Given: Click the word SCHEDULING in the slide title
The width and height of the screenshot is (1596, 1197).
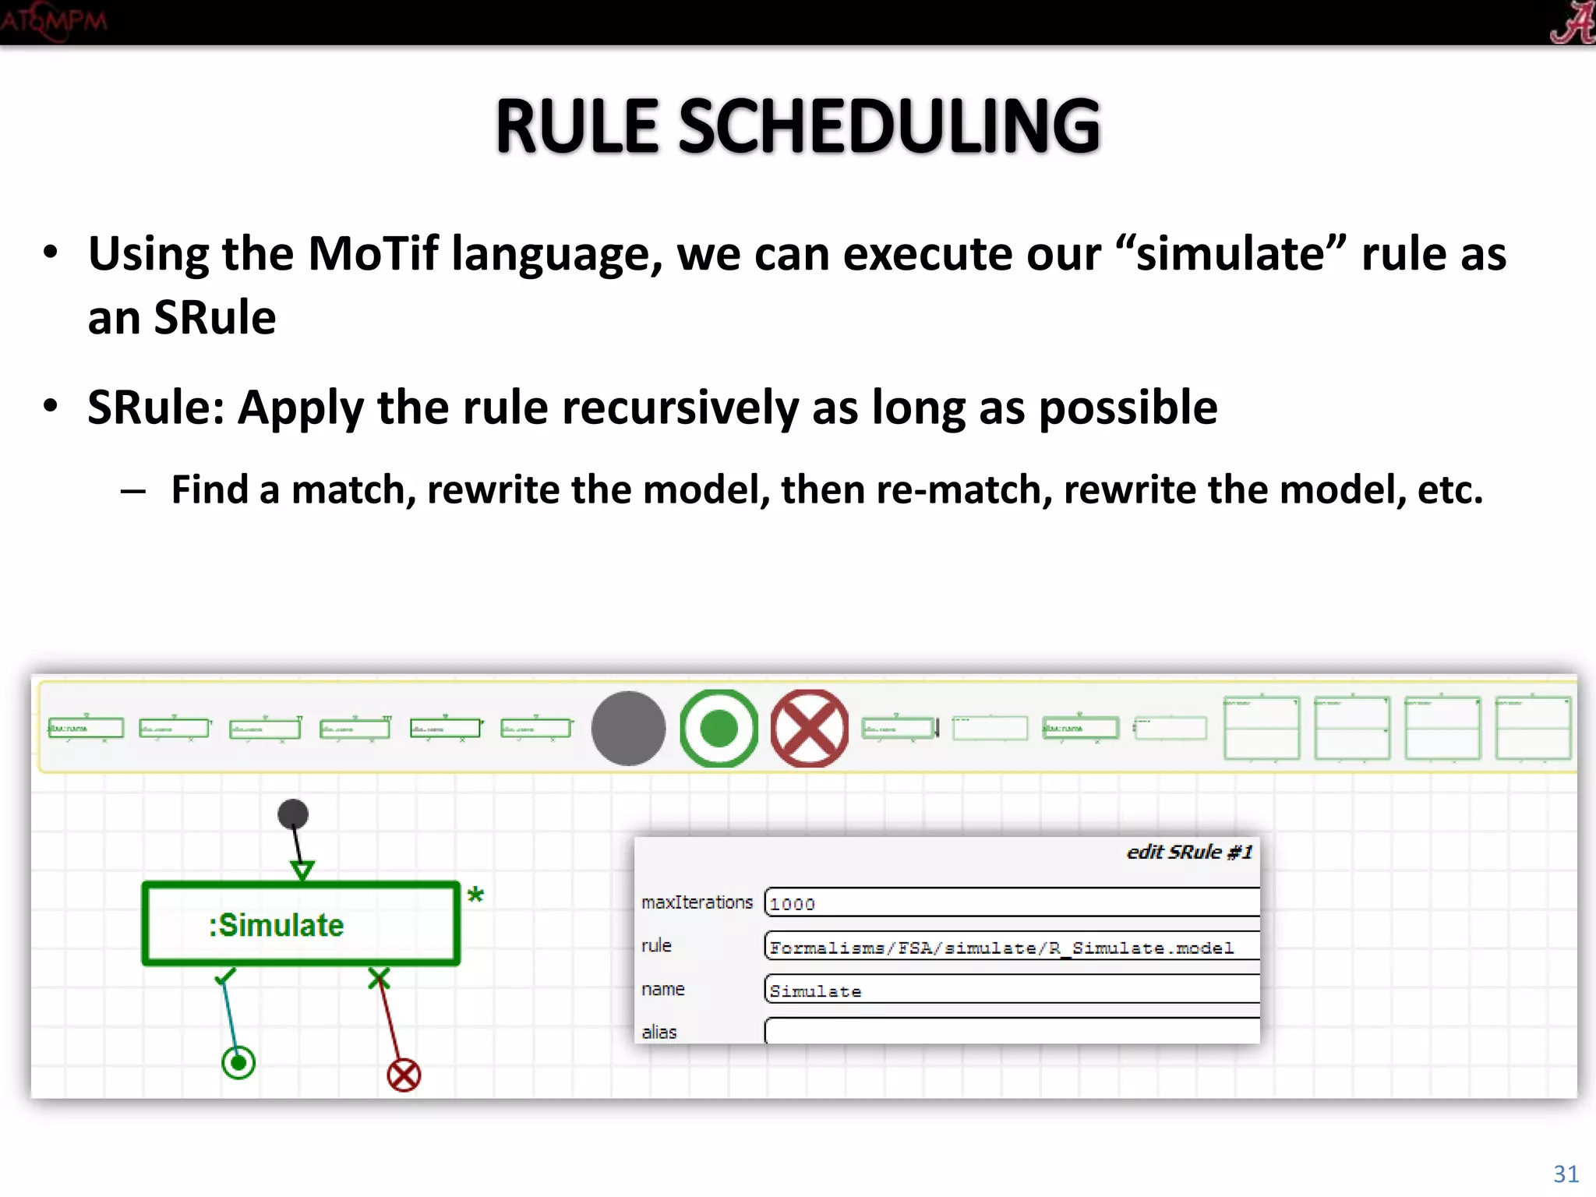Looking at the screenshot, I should (x=888, y=127).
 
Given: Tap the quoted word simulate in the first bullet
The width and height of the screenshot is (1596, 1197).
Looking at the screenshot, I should (x=1231, y=254).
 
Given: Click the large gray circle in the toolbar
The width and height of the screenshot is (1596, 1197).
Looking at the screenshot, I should (x=628, y=728).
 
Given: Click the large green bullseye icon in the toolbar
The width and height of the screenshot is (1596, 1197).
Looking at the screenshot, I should (x=719, y=728).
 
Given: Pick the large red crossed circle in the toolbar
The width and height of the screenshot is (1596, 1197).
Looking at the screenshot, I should (x=809, y=728).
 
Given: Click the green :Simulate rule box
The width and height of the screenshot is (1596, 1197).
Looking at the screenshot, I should (x=301, y=924).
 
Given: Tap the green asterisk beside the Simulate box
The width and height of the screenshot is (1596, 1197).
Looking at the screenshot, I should (x=475, y=895).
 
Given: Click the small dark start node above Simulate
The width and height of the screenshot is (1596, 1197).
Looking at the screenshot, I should (x=293, y=814).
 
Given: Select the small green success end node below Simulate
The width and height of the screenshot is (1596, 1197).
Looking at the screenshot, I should (x=238, y=1062).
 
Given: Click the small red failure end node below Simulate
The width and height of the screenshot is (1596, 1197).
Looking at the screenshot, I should (x=404, y=1075).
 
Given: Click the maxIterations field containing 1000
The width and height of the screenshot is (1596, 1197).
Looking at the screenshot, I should (x=1012, y=903).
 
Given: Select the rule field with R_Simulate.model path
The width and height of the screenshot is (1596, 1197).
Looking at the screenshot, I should (x=1012, y=947).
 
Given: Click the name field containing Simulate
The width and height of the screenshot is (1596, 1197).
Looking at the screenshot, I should (x=1012, y=990).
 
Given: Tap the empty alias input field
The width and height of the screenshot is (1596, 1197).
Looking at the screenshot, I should (x=1012, y=1031).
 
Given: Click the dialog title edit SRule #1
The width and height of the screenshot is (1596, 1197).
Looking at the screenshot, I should (x=1189, y=852).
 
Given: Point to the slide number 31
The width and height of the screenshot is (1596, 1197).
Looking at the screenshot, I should (x=1566, y=1174).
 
